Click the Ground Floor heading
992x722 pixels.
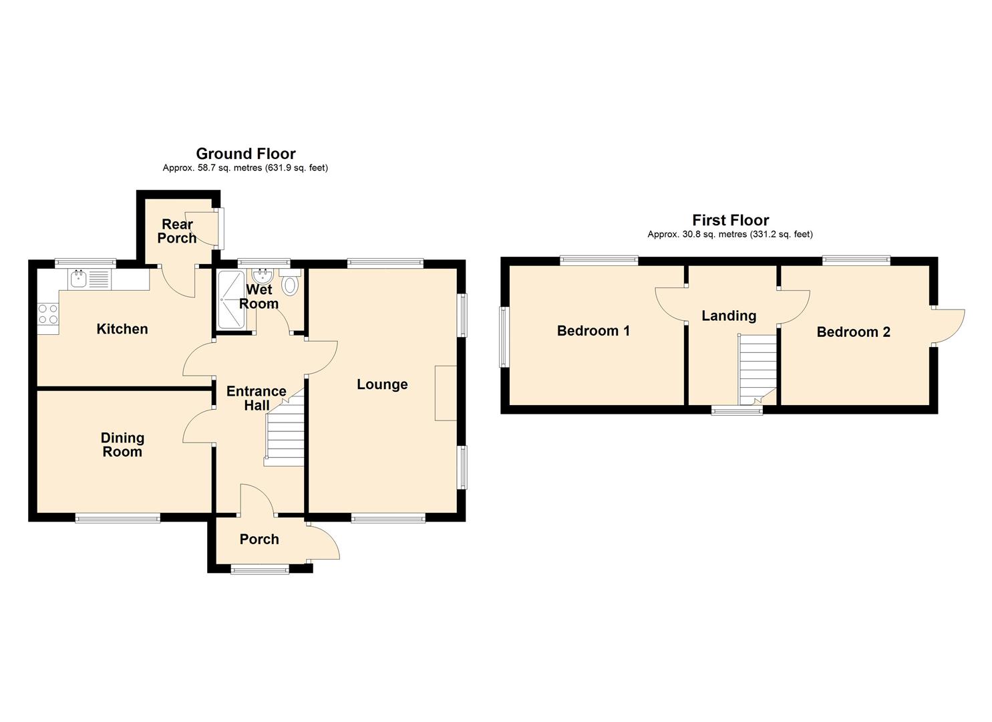pos(246,154)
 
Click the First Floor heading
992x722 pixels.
pos(730,220)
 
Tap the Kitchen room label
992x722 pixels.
pos(122,329)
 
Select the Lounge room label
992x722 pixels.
pos(382,384)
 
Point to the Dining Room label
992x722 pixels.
pos(123,445)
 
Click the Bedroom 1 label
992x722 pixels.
pos(593,331)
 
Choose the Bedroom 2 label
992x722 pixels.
pos(853,332)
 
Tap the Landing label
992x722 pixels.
pos(729,316)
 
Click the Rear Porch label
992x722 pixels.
pos(177,231)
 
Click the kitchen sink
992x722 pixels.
pos(90,279)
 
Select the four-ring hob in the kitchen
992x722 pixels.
pos(48,313)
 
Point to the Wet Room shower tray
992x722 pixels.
pos(231,299)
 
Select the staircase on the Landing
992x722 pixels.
pos(757,370)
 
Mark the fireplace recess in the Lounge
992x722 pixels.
pos(446,392)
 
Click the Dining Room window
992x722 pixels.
pos(118,518)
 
